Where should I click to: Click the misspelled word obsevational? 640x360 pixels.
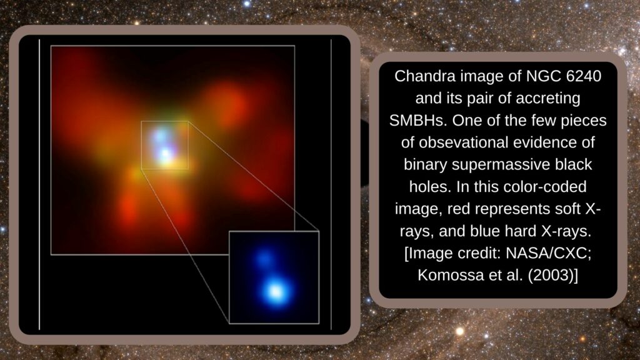pos(464,142)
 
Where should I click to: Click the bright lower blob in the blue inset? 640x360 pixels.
pos(276,291)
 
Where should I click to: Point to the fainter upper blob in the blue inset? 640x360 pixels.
pos(264,258)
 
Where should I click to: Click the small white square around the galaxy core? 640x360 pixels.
pos(141,145)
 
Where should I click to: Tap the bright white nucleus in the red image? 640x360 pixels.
pos(165,154)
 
